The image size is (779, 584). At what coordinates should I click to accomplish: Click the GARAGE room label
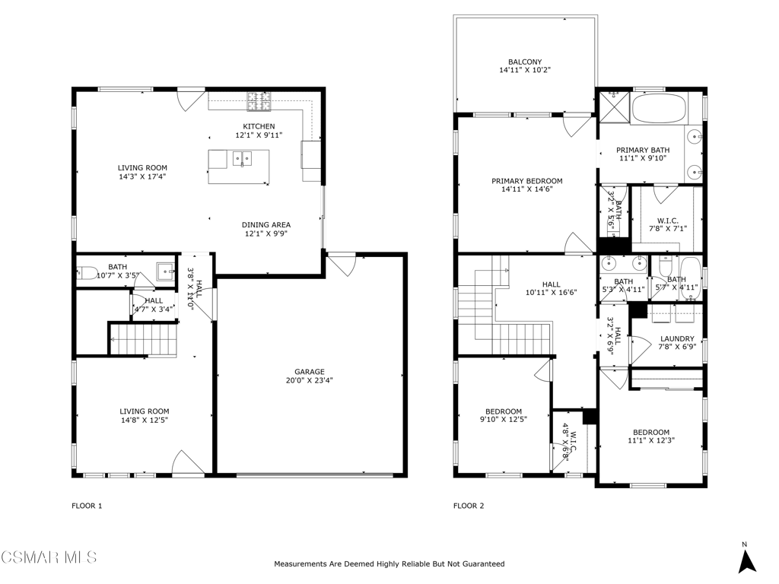310,371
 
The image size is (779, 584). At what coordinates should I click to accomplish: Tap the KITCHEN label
259,126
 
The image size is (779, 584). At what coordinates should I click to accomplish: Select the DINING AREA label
266,224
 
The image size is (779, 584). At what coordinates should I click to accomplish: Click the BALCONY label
525,62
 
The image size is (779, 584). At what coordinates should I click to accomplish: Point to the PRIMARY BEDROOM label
527,181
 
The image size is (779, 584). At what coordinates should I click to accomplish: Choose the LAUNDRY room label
677,338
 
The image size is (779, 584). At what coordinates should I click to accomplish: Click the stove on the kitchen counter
259,101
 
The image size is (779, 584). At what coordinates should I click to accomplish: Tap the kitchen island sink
243,159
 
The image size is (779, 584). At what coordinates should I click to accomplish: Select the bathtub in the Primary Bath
659,108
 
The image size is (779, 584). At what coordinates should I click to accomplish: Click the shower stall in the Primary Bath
615,106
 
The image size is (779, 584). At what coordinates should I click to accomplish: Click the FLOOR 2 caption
469,506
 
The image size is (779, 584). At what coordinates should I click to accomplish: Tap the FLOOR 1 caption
87,506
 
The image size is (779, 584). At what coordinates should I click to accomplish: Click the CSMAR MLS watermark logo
49,557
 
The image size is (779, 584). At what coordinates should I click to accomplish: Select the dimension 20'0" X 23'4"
310,380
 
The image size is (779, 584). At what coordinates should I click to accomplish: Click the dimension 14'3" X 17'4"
142,176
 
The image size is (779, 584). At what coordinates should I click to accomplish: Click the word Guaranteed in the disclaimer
484,563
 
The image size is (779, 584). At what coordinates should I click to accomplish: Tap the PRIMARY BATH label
643,150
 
